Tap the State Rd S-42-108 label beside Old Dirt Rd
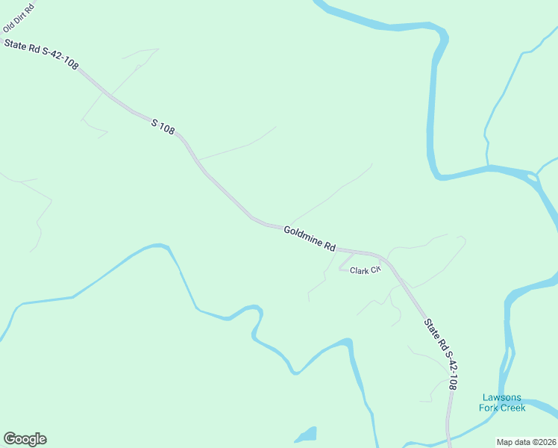click(x=41, y=55)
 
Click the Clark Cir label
click(x=366, y=270)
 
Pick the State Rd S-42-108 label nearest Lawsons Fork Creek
click(x=440, y=355)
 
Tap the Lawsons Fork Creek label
click(x=503, y=402)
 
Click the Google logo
click(x=25, y=439)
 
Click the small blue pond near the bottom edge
click(x=306, y=435)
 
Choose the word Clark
click(x=360, y=270)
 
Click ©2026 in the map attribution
click(x=542, y=442)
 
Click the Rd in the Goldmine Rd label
click(x=330, y=246)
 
